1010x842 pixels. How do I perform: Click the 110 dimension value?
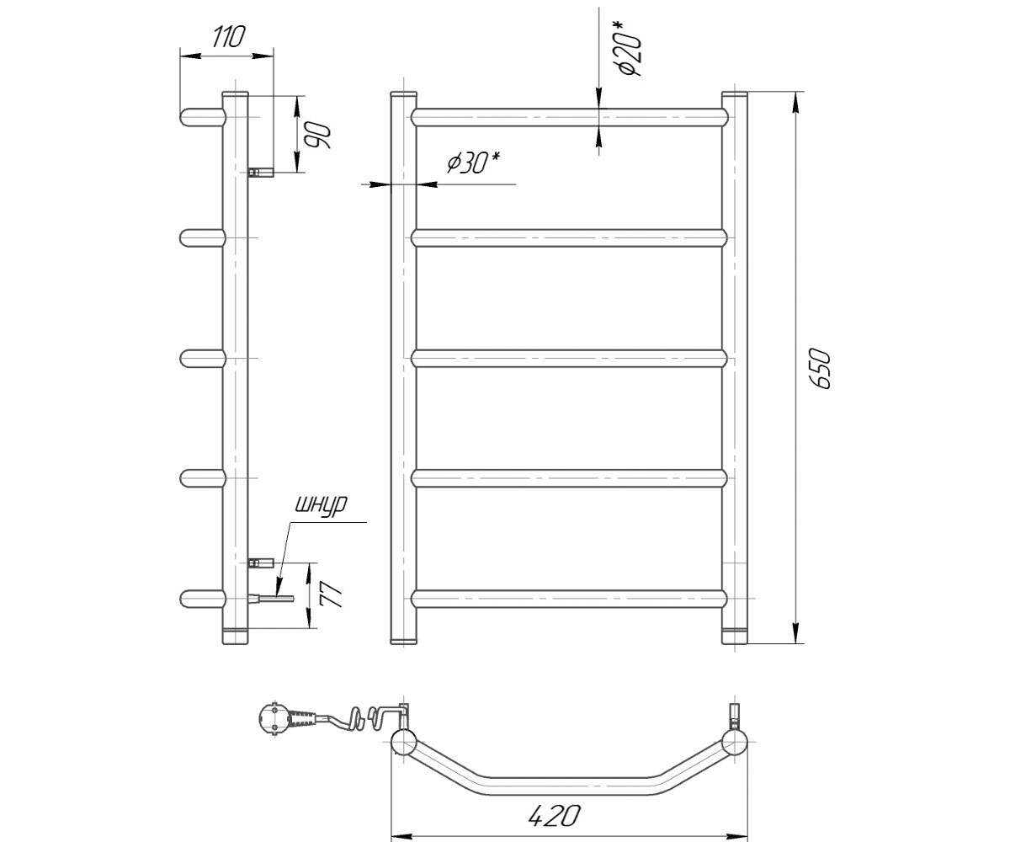point(228,37)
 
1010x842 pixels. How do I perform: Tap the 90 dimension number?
point(318,136)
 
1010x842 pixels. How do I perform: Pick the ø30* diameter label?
point(473,163)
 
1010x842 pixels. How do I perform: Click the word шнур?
point(322,505)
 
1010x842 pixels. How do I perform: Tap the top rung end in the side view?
point(203,117)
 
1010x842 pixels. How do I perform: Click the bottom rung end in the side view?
point(203,599)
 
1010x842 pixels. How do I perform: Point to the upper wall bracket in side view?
point(261,172)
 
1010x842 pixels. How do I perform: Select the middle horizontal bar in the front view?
point(569,359)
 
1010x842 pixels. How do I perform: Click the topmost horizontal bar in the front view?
point(569,117)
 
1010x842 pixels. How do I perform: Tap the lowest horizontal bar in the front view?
point(569,599)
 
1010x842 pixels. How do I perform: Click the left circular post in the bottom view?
point(403,742)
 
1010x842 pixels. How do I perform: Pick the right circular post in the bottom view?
point(734,742)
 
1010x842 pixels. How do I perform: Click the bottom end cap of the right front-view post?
point(734,637)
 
